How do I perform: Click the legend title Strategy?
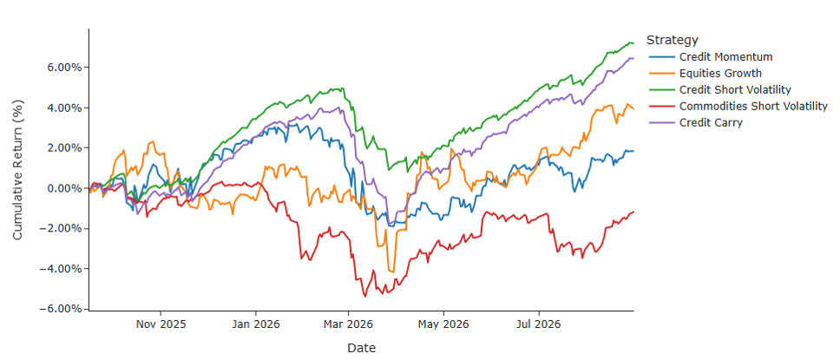click(x=673, y=40)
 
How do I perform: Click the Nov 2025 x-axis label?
click(x=161, y=324)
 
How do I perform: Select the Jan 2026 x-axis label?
click(x=255, y=324)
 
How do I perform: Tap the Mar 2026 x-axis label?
click(x=348, y=324)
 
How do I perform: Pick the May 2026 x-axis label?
click(x=443, y=324)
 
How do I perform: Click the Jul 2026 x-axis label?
click(x=539, y=324)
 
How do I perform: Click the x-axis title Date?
click(x=362, y=348)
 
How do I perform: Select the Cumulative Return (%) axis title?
click(x=17, y=170)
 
